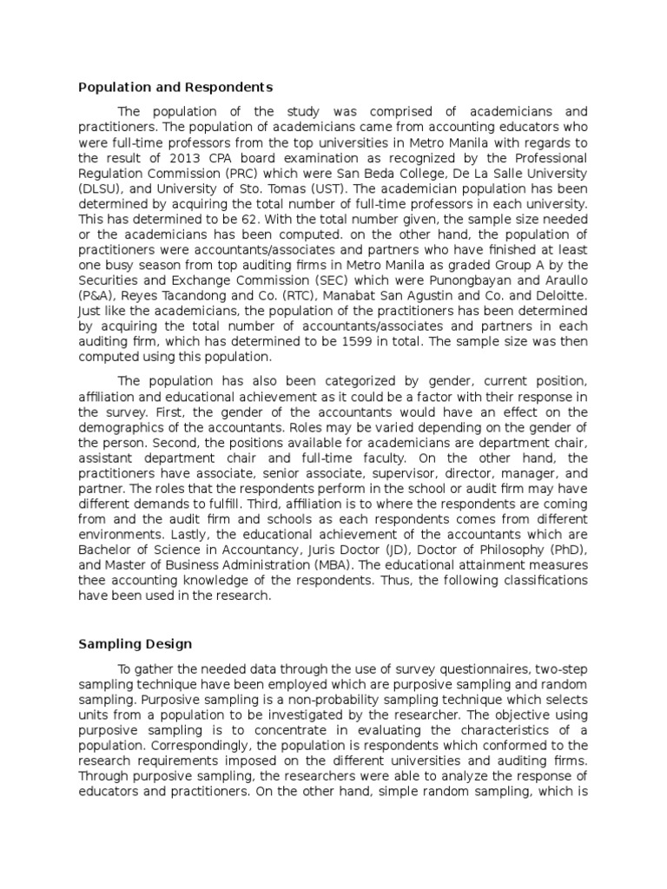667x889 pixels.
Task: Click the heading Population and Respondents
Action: click(x=176, y=88)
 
